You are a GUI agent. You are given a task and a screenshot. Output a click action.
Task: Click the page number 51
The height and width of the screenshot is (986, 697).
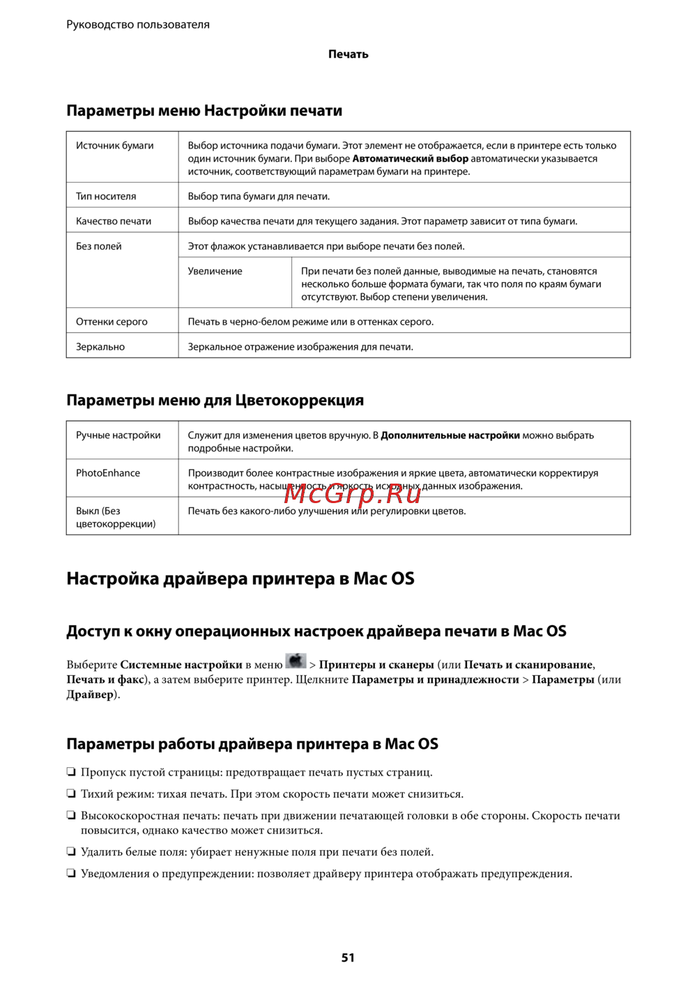coord(348,957)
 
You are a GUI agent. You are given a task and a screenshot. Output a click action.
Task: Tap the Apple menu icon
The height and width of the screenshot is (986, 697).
coord(296,661)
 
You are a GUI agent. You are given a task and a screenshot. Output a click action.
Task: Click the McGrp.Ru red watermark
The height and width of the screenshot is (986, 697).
coord(353,493)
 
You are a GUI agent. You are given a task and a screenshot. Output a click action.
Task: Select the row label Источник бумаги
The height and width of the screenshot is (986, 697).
coord(114,146)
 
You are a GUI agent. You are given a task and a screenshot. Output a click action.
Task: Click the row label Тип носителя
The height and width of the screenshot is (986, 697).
coord(106,197)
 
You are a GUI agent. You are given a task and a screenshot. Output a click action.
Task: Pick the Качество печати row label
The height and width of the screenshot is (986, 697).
coord(114,222)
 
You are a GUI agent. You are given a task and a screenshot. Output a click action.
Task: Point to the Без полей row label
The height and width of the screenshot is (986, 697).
coord(99,247)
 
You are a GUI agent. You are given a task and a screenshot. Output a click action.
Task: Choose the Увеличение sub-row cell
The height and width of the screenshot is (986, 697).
coord(215,272)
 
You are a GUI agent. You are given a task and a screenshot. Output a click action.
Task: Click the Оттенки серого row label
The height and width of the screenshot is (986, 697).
coord(112,322)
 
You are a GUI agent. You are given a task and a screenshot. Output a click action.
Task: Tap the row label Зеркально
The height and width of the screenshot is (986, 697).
coord(100,347)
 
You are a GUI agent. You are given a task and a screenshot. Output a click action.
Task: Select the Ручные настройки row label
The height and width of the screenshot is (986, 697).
coord(118,436)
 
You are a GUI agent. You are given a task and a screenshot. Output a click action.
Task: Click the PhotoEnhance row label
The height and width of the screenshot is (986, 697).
coord(108,473)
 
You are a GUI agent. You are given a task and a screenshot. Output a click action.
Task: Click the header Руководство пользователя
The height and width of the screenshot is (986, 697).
coord(138,24)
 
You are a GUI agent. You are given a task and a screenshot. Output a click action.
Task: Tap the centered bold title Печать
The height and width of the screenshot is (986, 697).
coord(348,54)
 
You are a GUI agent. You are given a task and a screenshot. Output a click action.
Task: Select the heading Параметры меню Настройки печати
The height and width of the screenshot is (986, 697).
coord(204,111)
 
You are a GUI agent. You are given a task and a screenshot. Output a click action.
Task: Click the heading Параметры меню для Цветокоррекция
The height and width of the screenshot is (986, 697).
coord(215,401)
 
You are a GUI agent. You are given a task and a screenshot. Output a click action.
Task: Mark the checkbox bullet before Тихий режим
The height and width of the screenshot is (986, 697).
coord(71,794)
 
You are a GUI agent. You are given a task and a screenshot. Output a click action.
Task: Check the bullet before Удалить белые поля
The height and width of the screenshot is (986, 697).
coord(71,852)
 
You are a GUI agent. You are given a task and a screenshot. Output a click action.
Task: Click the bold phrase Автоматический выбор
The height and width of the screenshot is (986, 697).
coord(411,159)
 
